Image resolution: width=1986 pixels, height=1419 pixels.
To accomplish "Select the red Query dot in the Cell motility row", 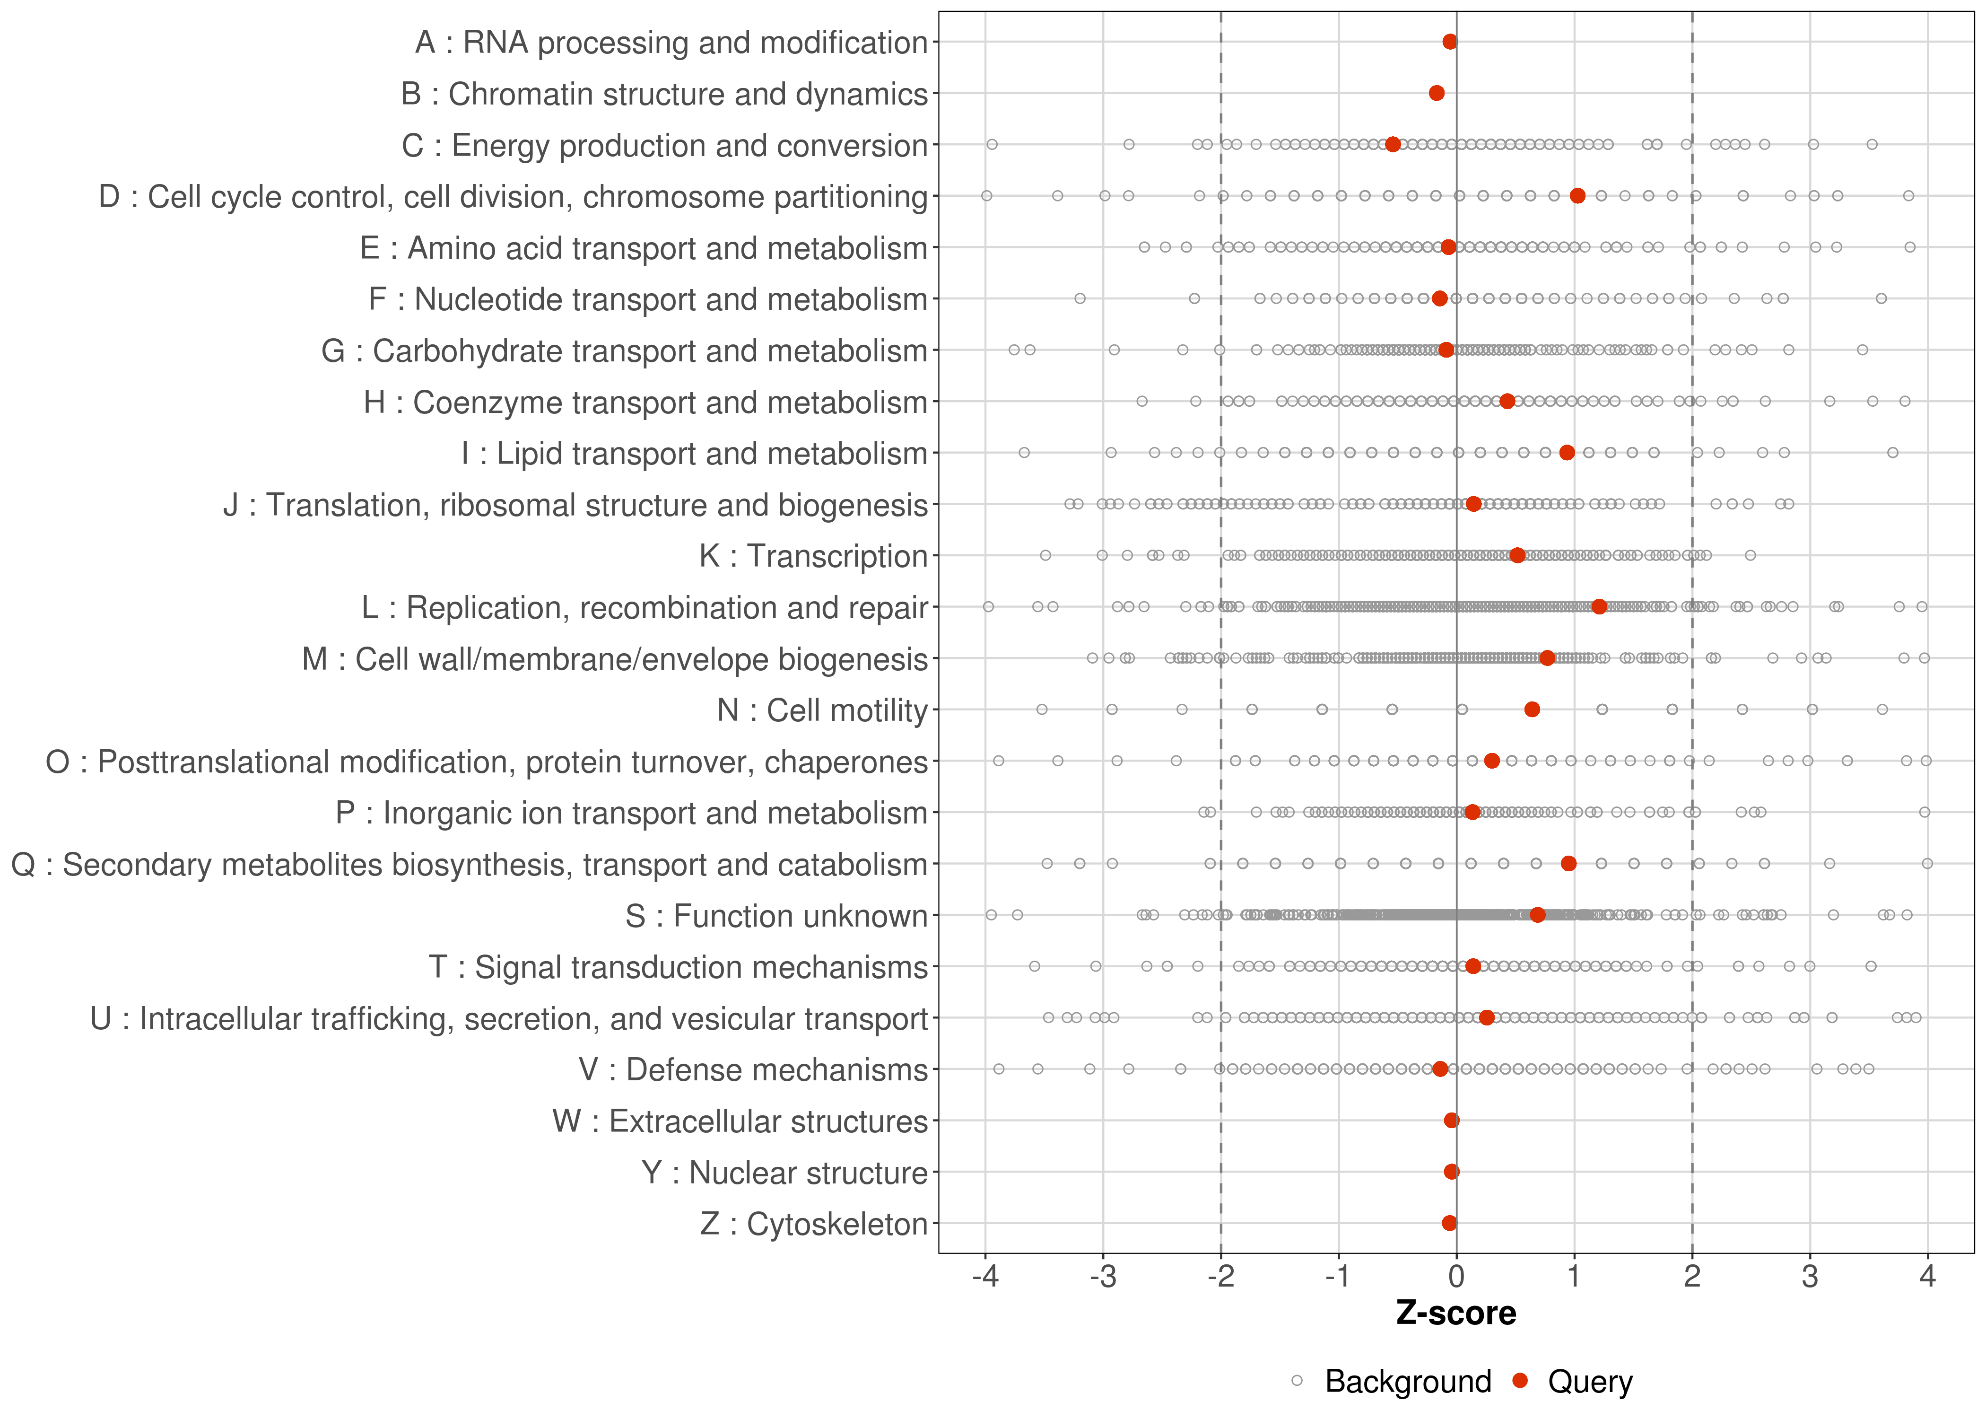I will [x=1532, y=709].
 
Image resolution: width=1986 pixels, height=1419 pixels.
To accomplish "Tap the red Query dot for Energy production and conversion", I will [x=1393, y=144].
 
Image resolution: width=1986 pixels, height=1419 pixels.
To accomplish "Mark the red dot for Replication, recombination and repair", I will [x=1599, y=606].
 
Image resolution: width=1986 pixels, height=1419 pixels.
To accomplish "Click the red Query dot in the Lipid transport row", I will [x=1567, y=453].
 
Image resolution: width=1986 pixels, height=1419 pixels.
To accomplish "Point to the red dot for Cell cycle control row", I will [x=1577, y=196].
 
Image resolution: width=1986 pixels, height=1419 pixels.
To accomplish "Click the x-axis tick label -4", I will [x=985, y=1278].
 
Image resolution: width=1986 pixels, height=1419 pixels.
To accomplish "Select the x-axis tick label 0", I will [x=1456, y=1278].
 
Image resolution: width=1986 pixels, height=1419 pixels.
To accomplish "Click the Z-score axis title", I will [x=1456, y=1313].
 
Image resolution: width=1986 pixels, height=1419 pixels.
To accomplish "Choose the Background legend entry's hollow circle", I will [x=1297, y=1382].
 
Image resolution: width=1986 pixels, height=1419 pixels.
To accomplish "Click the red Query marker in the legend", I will [x=1521, y=1382].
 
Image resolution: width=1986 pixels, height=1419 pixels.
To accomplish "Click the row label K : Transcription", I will [x=813, y=557].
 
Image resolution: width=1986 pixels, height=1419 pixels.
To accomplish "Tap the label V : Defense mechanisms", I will [x=753, y=1070].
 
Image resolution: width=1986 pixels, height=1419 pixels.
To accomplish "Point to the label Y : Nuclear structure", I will [x=784, y=1173].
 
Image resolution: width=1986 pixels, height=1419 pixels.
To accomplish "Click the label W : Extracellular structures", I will [x=740, y=1121].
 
